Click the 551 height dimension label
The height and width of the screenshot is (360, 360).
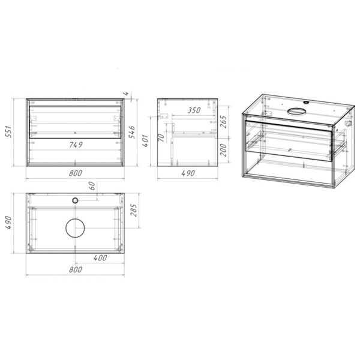(8, 131)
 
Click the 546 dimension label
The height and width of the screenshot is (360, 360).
(131, 132)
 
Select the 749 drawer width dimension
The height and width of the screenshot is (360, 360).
(76, 145)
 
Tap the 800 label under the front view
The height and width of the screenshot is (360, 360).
(76, 173)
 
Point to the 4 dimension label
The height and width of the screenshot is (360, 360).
(125, 94)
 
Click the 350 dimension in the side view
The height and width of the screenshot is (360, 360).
(194, 110)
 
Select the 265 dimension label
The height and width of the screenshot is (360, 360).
(223, 122)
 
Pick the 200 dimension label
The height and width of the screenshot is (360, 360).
(223, 150)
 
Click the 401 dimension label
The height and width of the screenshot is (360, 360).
(146, 141)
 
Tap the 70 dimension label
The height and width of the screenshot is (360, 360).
(161, 137)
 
